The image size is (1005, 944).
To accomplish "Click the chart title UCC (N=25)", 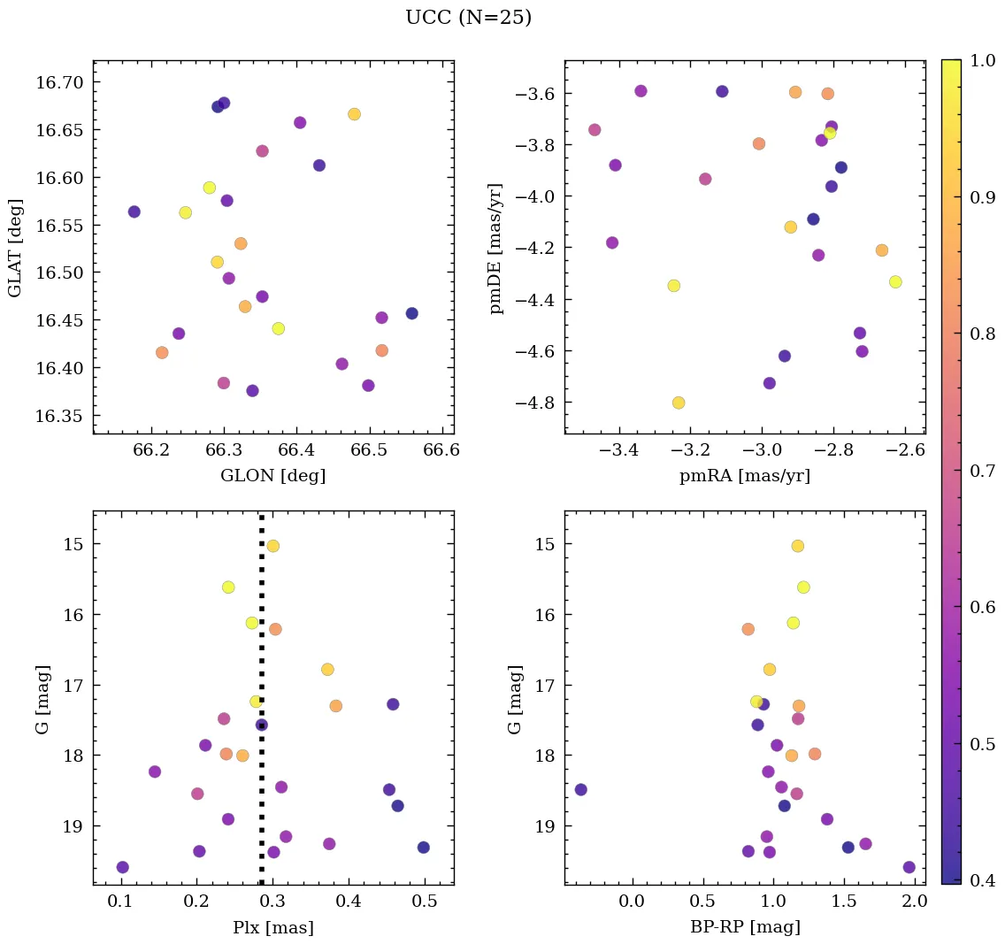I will click(468, 18).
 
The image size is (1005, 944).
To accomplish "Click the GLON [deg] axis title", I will click(272, 476).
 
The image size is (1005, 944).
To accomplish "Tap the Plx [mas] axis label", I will click(272, 927).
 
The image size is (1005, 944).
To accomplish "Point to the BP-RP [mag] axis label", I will click(744, 927).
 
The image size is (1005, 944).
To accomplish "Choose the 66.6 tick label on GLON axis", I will click(441, 450).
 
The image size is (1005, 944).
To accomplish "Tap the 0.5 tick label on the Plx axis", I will click(426, 902).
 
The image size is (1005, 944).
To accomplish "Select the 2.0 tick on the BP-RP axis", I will click(915, 902).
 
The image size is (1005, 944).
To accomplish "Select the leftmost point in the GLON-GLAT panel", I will click(134, 211).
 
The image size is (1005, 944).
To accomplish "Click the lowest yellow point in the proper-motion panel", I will click(679, 403).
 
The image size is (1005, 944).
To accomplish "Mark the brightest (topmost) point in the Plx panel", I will click(273, 546).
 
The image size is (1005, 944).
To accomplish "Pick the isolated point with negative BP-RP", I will click(581, 789).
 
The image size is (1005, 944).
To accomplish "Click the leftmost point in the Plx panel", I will click(123, 867).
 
